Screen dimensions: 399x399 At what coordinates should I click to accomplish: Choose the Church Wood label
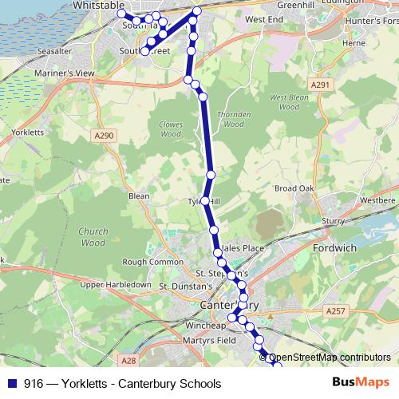tap(93, 237)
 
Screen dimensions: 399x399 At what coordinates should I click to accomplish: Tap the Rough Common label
tap(152, 262)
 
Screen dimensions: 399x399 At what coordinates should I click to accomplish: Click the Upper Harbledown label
tap(116, 285)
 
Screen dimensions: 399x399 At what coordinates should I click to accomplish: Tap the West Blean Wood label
tap(288, 102)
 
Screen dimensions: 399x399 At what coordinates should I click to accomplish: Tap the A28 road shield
tap(130, 338)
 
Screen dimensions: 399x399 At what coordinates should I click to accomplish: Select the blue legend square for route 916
tap(9, 384)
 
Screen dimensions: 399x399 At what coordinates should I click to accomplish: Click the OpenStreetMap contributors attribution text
tap(330, 358)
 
